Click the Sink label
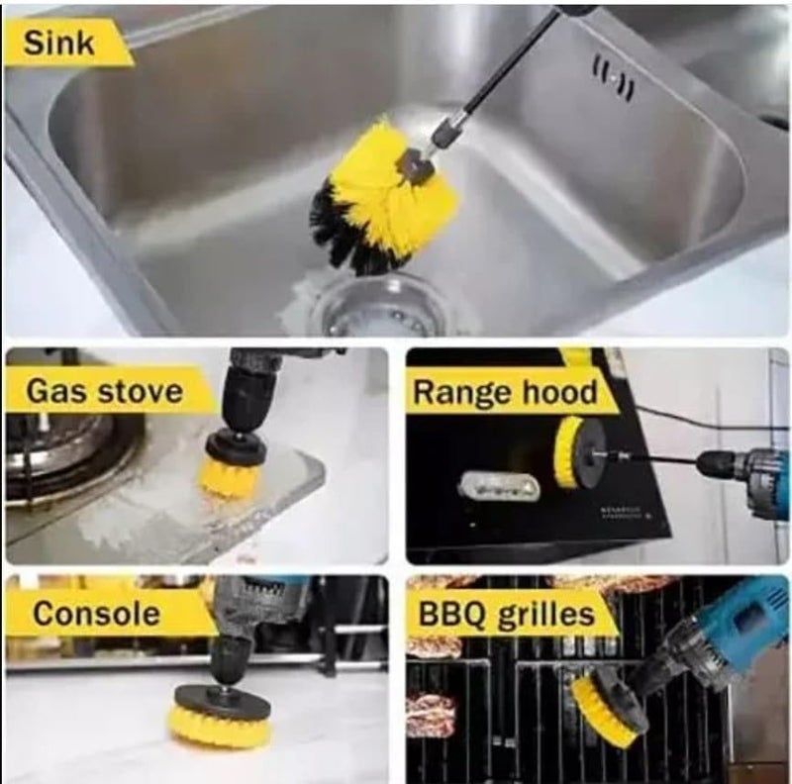58,43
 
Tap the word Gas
56,391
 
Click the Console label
96,614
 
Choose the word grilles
546,615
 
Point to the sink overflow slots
613,80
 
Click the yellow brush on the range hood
567,451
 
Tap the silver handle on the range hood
498,487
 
